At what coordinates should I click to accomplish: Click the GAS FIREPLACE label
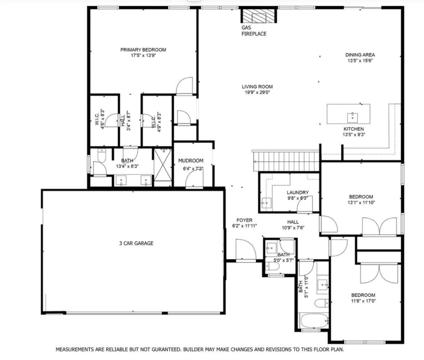coord(254,30)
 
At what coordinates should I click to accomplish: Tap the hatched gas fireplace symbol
coord(259,16)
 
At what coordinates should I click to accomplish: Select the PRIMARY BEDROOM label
coord(143,50)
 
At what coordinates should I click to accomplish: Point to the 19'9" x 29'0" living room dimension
coord(257,92)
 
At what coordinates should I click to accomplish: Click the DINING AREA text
coord(360,55)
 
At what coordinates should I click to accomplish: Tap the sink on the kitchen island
coord(353,118)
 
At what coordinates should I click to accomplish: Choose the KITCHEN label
coord(354,129)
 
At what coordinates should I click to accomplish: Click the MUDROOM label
coord(190,160)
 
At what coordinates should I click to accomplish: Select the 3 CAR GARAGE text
coord(136,243)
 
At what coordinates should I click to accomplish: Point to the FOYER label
coord(244,220)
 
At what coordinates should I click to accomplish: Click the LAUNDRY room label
coord(297,193)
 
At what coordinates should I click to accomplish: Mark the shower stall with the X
coord(163,165)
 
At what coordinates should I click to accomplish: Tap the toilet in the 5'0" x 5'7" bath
coord(272,267)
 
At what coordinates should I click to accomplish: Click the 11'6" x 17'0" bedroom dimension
coord(363,301)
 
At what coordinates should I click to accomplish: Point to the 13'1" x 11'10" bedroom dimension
coord(361,203)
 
